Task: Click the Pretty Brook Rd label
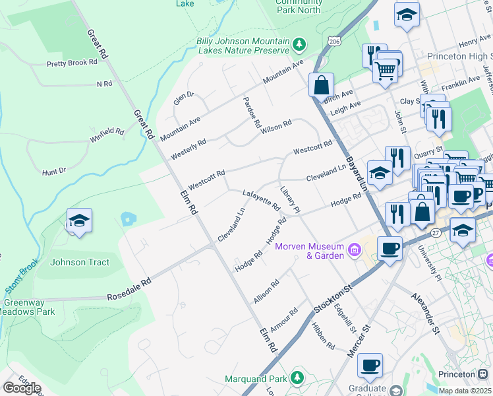point(72,63)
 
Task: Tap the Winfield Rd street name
point(107,135)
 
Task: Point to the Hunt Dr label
point(54,171)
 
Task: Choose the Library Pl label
point(290,200)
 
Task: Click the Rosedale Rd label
point(129,290)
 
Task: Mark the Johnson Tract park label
point(80,262)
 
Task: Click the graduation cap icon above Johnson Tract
point(79,221)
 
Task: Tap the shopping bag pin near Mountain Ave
point(321,85)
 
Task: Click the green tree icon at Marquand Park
point(298,378)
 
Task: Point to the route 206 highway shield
point(335,41)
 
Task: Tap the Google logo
point(22,388)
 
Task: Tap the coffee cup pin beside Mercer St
point(371,364)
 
